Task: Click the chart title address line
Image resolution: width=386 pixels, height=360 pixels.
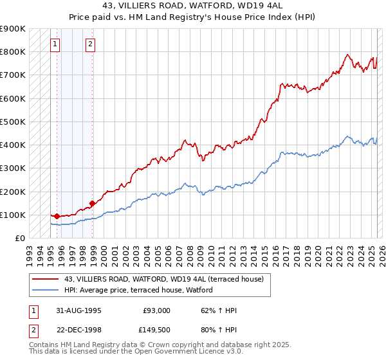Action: [193, 5]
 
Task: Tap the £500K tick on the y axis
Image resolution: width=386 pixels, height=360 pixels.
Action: [13, 122]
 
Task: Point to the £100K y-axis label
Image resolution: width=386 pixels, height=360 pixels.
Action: [13, 215]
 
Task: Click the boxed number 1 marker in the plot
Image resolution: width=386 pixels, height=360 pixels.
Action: [55, 44]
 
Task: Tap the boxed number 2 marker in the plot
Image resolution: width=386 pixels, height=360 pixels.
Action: [90, 44]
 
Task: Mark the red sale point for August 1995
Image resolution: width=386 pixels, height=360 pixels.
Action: [57, 217]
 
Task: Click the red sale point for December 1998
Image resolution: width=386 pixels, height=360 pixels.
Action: [93, 203]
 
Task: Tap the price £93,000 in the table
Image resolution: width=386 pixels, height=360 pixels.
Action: [157, 310]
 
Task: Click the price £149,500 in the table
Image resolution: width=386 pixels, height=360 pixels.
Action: [154, 330]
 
